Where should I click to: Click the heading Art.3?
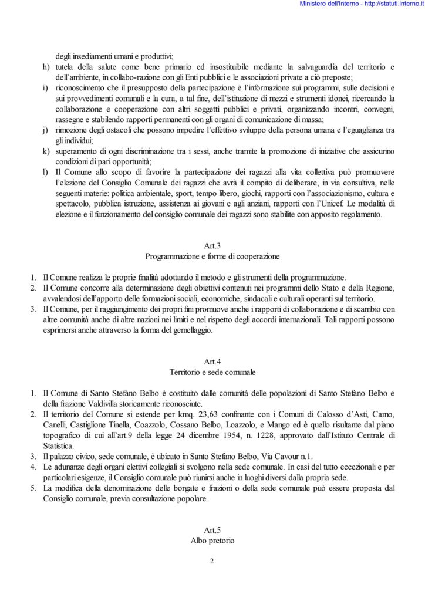coord(212,247)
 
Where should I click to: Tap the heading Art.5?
coord(212,529)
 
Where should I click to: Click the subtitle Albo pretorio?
coord(212,540)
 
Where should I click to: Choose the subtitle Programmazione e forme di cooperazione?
coord(212,256)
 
